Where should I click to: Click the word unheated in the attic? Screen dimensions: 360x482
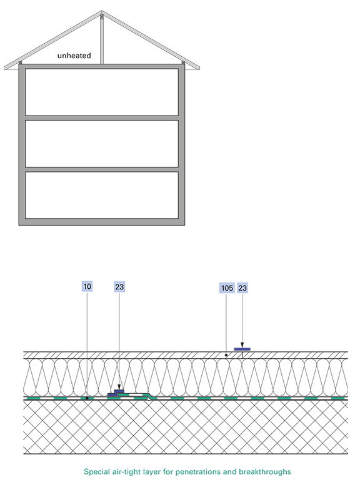coord(74,56)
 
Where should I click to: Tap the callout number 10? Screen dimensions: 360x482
coord(87,286)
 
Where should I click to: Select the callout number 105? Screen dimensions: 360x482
coord(227,288)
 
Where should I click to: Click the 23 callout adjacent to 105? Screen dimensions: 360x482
coord(242,288)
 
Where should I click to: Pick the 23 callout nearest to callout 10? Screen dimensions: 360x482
coord(119,287)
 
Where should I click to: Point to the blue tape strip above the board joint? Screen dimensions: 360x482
coord(242,349)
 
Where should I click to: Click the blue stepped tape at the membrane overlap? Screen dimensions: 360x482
coord(116,393)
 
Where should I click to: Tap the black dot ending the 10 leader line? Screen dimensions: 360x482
coord(87,398)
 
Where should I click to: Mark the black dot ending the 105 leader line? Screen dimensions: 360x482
coord(226,355)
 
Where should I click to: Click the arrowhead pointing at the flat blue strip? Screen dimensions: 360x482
coord(242,345)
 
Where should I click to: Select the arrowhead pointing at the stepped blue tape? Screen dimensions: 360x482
coord(119,387)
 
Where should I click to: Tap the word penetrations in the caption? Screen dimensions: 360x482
coord(198,472)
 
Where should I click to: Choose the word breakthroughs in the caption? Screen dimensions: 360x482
coord(265,472)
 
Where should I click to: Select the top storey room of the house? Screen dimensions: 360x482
coord(102,93)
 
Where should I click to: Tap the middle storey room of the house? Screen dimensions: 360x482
coord(102,144)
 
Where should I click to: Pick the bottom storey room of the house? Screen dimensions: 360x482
coord(102,195)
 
